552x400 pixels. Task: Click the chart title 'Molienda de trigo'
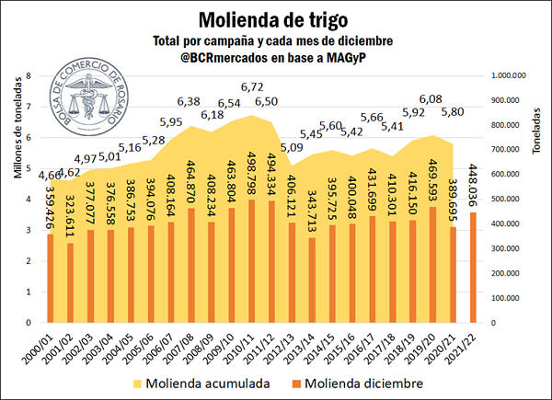[x=275, y=18]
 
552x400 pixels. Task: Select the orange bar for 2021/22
[x=474, y=267]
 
